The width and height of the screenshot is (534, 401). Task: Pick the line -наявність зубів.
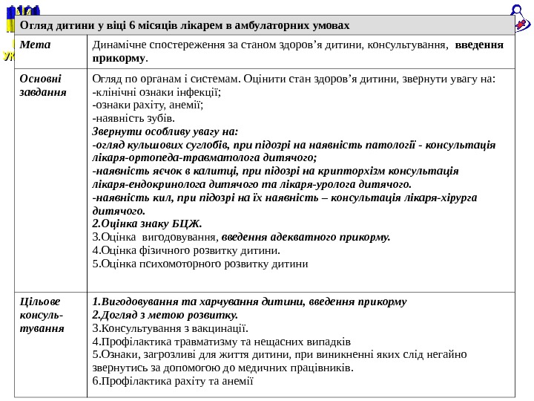(x=133, y=117)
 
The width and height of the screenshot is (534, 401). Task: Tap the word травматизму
(x=188, y=342)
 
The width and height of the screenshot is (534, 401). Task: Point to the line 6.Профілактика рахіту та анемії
(x=173, y=381)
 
